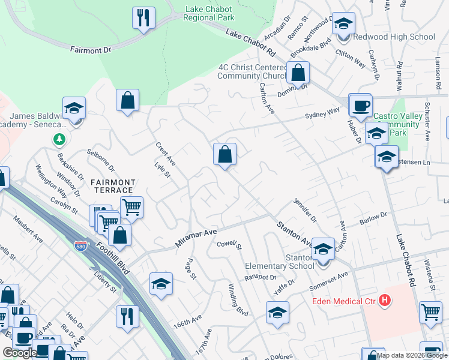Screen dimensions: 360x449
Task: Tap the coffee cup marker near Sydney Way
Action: click(361, 105)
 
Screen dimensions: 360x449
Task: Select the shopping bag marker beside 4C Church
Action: click(298, 73)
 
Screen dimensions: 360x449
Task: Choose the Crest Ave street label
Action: click(165, 154)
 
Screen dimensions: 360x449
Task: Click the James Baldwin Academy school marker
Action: click(74, 108)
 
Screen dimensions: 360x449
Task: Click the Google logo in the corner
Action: click(20, 353)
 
